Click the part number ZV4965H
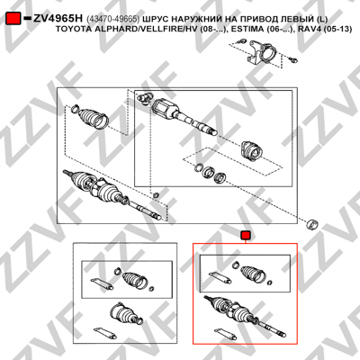coord(58,19)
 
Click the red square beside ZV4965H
coord(13,18)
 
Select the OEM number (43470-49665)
coord(112,19)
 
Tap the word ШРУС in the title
coord(154,19)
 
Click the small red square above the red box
coord(246,236)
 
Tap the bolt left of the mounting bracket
coord(240,41)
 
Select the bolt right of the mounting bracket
coord(293,60)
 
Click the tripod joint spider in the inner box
coord(144,98)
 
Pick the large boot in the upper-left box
coord(94,118)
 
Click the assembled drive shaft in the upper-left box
coord(112,194)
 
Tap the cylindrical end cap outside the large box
coord(311,225)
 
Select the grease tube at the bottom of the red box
coord(224,333)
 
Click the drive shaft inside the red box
coord(244,316)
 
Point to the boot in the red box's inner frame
coord(254,274)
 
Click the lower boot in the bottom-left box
coord(123,313)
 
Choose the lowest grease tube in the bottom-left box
coord(104,332)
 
